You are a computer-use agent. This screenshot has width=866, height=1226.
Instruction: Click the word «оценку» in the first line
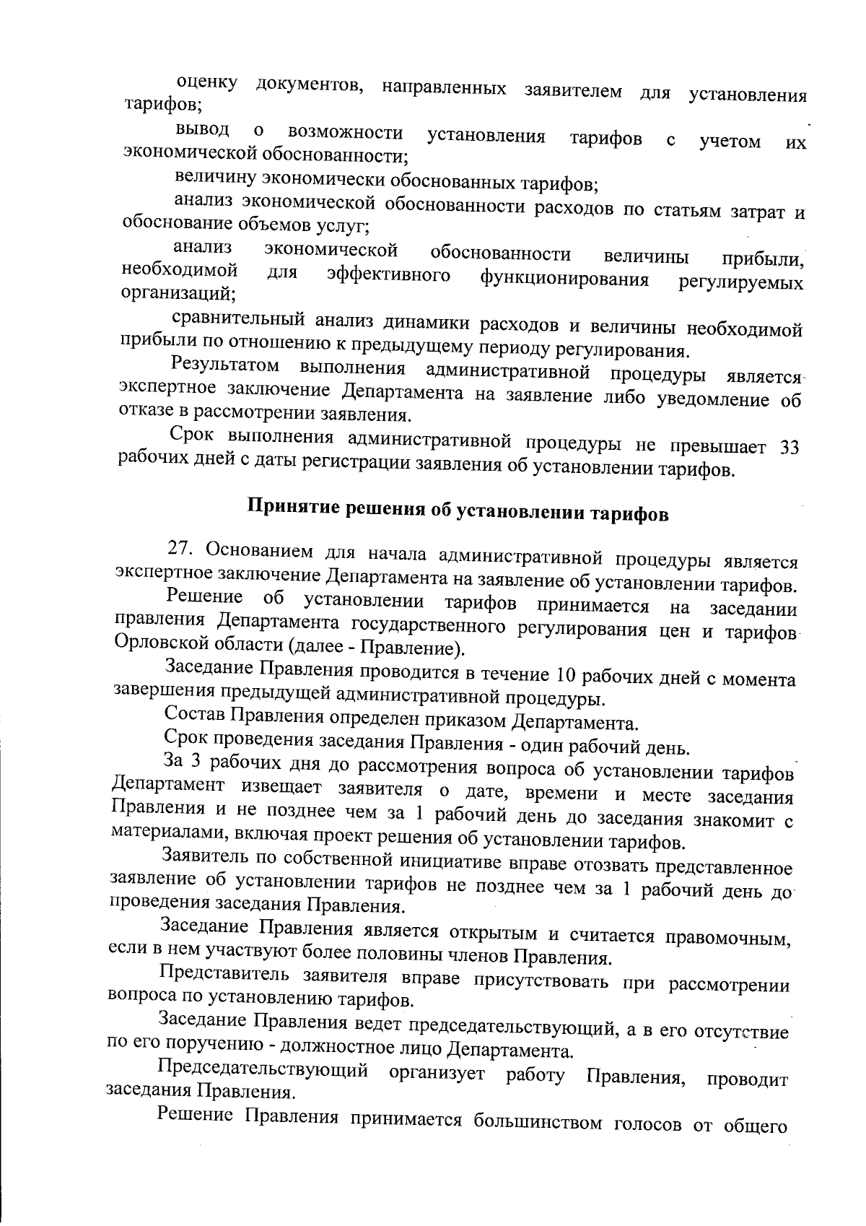click(206, 84)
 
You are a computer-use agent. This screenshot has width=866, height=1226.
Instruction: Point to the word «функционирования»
click(564, 278)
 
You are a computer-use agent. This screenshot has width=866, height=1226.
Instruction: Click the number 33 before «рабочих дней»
click(790, 447)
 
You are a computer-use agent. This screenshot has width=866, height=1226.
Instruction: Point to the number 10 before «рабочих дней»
click(564, 676)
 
